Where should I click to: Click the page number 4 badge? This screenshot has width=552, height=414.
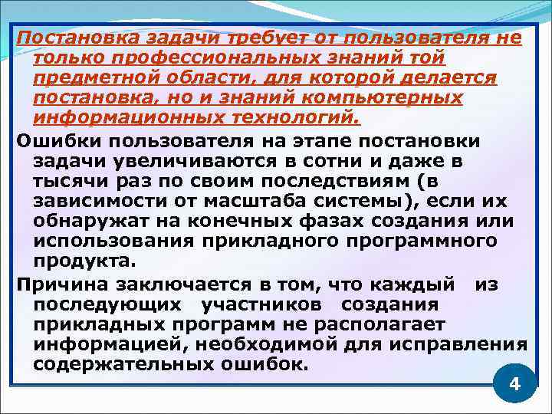click(514, 383)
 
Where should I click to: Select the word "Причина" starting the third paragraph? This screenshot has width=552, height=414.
click(54, 285)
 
